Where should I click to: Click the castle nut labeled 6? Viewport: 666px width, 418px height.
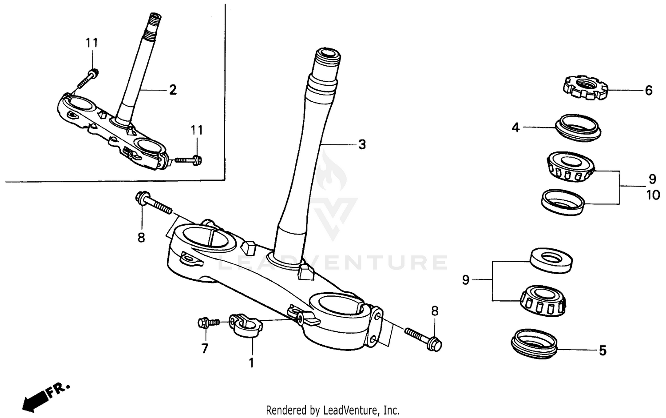[585, 88]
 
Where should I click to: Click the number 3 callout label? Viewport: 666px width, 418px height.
[362, 144]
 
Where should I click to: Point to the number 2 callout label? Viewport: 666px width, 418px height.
[173, 90]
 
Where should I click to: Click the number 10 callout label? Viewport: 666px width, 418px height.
[653, 195]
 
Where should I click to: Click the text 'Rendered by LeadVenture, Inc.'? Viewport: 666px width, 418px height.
[333, 410]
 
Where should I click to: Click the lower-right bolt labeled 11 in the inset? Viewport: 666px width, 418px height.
[189, 159]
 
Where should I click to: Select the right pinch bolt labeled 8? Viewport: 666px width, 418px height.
[422, 338]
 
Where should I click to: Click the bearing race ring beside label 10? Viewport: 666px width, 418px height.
[563, 202]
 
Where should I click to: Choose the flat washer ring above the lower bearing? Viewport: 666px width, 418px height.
[551, 260]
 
